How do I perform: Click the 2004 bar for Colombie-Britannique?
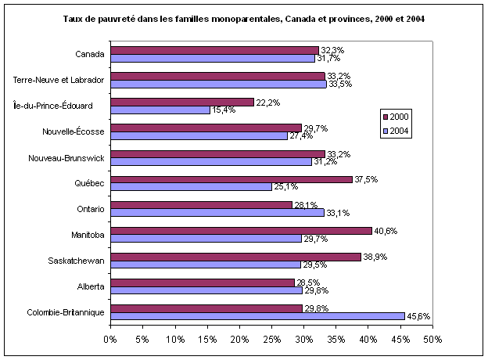pyautogui.click(x=257, y=316)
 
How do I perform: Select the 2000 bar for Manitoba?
pyautogui.click(x=241, y=231)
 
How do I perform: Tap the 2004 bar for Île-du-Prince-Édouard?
pyautogui.click(x=160, y=110)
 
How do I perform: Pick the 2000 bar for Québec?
pyautogui.click(x=231, y=179)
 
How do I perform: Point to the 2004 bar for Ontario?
pyautogui.click(x=217, y=213)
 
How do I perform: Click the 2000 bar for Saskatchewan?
pyautogui.click(x=235, y=257)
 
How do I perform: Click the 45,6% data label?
pyautogui.click(x=419, y=316)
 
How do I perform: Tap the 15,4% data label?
pyautogui.click(x=224, y=110)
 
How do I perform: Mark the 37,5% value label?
pyautogui.click(x=366, y=179)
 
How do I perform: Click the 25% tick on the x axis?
pyautogui.click(x=271, y=340)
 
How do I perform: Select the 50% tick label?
pyautogui.click(x=432, y=340)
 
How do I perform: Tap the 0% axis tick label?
pyautogui.click(x=110, y=340)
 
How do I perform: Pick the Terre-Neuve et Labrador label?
pyautogui.click(x=59, y=80)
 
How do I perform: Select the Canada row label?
pyautogui.click(x=90, y=54)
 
